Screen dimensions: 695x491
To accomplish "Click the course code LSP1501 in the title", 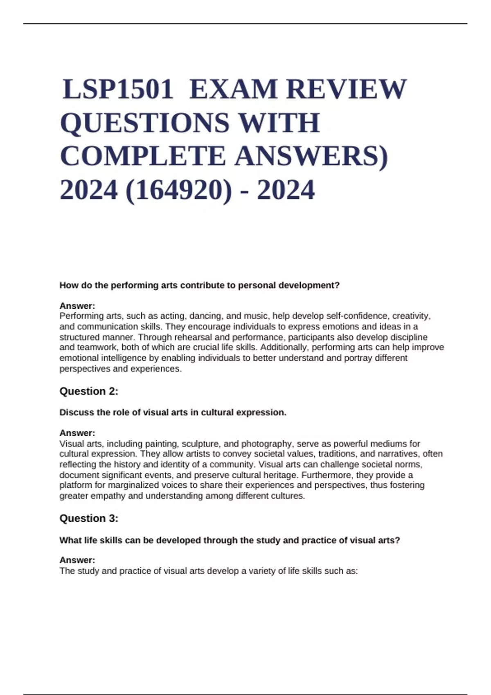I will [118, 89].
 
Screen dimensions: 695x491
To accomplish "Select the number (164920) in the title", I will [178, 190].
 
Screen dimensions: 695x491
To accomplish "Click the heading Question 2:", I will [89, 391].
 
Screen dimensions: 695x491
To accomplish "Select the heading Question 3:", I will [89, 518].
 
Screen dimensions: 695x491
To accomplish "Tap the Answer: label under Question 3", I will [77, 560].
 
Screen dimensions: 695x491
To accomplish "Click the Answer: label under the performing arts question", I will [77, 306].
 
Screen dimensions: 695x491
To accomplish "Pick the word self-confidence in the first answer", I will [355, 316].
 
